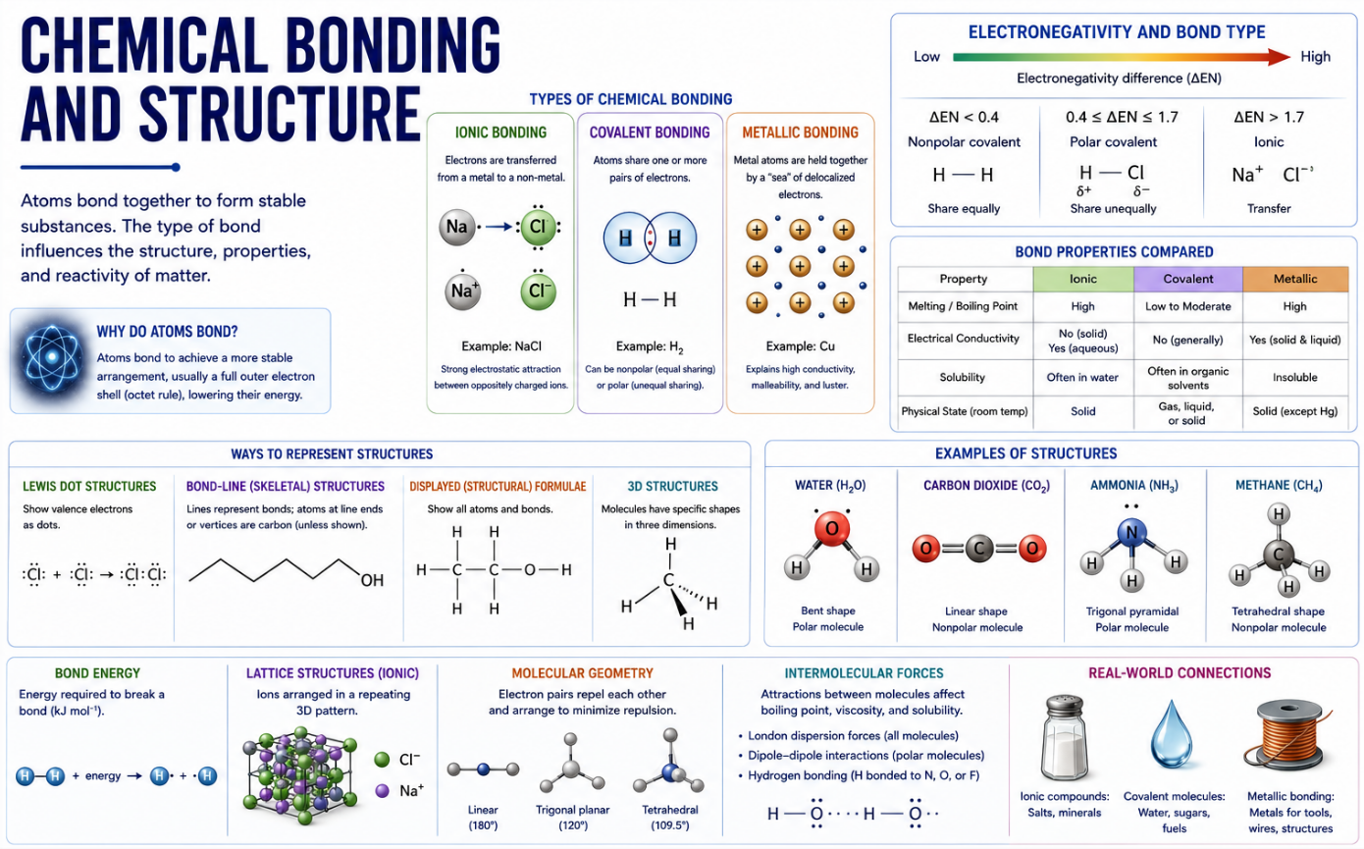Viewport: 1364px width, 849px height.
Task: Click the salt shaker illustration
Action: (x=1063, y=737)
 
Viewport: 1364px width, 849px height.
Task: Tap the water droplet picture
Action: (x=1171, y=734)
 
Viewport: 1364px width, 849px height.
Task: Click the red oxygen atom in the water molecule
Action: (x=832, y=529)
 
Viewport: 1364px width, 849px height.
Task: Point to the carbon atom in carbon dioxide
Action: (x=979, y=549)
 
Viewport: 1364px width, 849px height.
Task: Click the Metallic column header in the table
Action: (x=1295, y=279)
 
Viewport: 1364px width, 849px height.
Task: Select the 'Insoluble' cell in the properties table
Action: (x=1294, y=378)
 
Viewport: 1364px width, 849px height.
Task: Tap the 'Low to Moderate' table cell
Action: (x=1187, y=306)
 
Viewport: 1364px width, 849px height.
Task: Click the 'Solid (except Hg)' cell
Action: (x=1294, y=411)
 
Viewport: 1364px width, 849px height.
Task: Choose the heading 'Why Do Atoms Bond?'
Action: (x=167, y=332)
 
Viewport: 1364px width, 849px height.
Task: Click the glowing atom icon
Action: (x=52, y=357)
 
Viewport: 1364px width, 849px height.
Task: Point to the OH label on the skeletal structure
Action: (x=372, y=580)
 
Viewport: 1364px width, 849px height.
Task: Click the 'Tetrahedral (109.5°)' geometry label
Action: (x=670, y=818)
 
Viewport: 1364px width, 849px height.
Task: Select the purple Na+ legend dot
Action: (x=382, y=790)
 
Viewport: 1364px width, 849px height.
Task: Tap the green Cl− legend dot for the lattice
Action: (x=382, y=760)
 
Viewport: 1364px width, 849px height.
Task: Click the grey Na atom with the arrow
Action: (x=456, y=227)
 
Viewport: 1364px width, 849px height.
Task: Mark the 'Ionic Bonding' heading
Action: (x=500, y=133)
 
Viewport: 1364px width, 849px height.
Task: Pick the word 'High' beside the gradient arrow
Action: (x=1315, y=57)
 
